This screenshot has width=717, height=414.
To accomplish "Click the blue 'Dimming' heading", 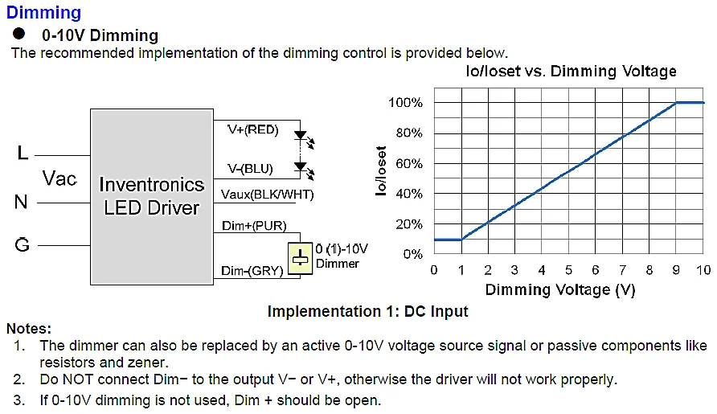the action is [x=43, y=13].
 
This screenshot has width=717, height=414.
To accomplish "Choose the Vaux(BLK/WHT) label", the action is [x=267, y=195].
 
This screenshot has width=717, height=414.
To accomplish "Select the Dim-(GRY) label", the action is [x=252, y=271].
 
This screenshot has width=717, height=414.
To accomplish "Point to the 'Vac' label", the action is [x=59, y=178].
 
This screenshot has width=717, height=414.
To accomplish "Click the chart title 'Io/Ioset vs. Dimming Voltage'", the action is [x=572, y=72].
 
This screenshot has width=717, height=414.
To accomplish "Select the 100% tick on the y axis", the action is [x=405, y=103].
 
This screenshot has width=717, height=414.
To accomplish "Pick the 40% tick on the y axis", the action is [x=408, y=194].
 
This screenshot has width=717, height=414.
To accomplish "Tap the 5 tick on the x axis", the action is [x=568, y=269].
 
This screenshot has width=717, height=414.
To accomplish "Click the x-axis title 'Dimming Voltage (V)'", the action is [x=560, y=290].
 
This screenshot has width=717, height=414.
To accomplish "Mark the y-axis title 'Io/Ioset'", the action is [x=381, y=171].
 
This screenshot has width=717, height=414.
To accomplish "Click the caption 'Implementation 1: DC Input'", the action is [x=367, y=311].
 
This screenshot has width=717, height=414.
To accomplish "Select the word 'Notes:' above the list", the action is [x=29, y=329].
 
